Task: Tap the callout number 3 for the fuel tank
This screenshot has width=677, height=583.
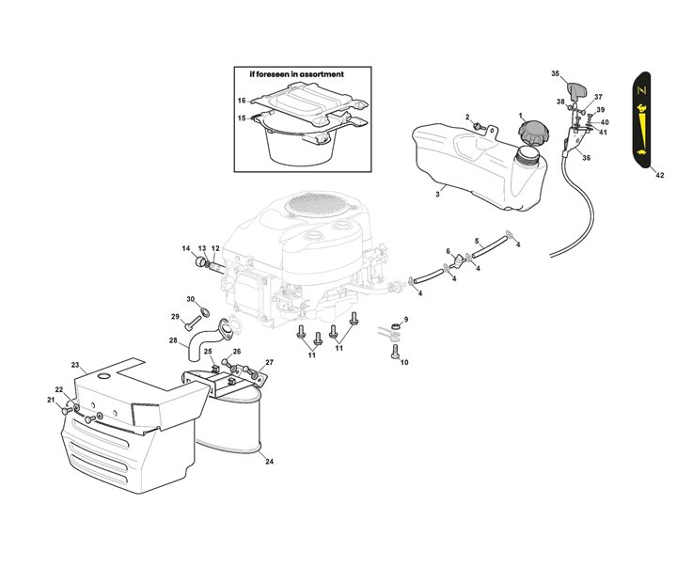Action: (437, 195)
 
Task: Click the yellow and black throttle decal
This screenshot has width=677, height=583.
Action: (646, 117)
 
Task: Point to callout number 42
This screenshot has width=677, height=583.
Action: (660, 175)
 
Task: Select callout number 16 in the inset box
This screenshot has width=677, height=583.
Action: (242, 101)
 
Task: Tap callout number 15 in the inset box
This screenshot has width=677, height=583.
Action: (242, 118)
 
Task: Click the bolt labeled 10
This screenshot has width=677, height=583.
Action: (394, 354)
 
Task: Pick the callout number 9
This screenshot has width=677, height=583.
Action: (405, 320)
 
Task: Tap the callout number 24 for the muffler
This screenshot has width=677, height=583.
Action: (269, 462)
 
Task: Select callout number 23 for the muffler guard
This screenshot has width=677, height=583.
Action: (75, 364)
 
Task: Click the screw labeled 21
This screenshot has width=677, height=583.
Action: (67, 411)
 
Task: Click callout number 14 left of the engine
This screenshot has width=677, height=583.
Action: (186, 248)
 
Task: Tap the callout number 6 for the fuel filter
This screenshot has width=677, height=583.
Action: (449, 252)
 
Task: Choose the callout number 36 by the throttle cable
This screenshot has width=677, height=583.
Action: (586, 158)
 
